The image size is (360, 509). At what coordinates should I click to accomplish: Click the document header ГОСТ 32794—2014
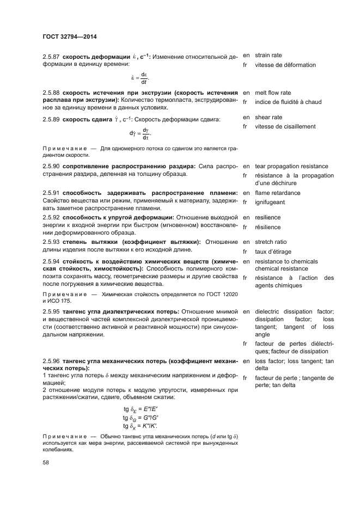(73, 37)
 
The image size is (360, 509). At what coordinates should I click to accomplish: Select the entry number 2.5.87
(51, 56)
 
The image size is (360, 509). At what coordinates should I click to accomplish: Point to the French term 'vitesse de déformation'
(285, 65)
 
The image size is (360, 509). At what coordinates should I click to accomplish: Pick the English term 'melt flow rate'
(273, 93)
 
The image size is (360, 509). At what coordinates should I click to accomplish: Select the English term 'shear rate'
(269, 117)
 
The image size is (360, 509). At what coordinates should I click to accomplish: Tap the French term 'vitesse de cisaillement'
(285, 126)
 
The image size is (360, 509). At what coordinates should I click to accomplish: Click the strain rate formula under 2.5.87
(139, 78)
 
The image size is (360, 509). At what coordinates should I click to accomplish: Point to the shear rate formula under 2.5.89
(139, 133)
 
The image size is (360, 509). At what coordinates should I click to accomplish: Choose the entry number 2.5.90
(51, 165)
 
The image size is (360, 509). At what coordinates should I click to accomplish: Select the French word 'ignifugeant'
(270, 202)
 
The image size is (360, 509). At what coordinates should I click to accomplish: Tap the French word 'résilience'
(268, 226)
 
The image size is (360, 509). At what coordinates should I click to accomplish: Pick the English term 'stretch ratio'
(271, 242)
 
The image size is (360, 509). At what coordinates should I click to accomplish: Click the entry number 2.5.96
(51, 361)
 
